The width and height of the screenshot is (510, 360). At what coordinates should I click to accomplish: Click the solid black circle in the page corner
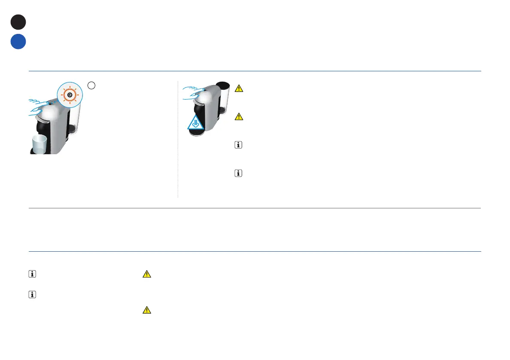point(18,22)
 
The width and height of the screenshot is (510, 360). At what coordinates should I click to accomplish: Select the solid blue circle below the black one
point(18,42)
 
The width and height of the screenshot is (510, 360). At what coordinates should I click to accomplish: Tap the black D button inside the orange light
point(69,94)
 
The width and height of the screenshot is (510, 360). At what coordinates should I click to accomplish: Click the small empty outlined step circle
point(91,85)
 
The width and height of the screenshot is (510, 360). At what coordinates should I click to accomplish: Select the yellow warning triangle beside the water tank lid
point(239,88)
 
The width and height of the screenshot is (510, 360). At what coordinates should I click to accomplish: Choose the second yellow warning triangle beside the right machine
point(239,117)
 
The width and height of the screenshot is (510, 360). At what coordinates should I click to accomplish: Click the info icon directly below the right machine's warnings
point(239,146)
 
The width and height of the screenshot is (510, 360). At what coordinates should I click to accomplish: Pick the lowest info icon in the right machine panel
point(239,174)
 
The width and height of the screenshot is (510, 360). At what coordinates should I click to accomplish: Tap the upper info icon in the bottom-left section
point(32,274)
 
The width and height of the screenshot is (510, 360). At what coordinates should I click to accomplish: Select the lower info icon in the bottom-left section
point(32,295)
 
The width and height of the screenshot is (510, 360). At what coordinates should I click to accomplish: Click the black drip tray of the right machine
point(199,134)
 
